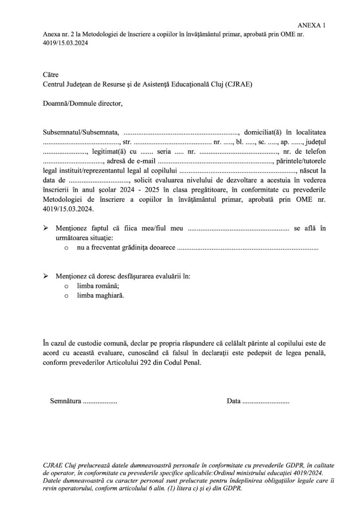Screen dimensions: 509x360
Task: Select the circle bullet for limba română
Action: pyautogui.click(x=66, y=287)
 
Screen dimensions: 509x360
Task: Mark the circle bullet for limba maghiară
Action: pyautogui.click(x=66, y=296)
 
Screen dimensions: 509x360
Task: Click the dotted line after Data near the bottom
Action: pyautogui.click(x=265, y=401)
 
